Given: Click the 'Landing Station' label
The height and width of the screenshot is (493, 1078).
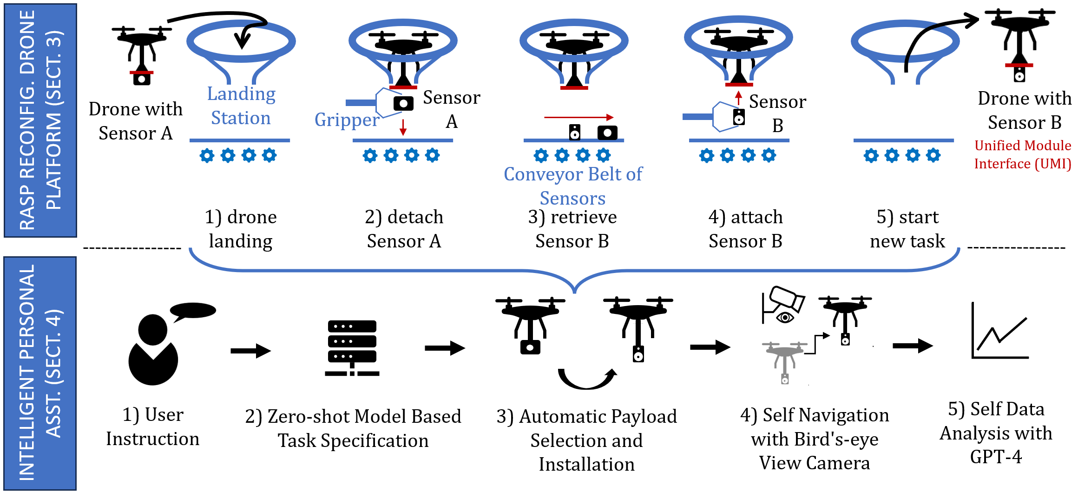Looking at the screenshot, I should click(x=241, y=106).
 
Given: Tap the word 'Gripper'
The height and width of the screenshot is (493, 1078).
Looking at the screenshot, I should click(x=347, y=120).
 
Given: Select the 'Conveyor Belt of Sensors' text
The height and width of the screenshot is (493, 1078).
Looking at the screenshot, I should click(x=572, y=186).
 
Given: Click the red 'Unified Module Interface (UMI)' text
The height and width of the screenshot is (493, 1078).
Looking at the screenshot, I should click(x=1022, y=155).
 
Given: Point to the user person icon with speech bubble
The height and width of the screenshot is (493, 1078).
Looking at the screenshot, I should click(x=156, y=346).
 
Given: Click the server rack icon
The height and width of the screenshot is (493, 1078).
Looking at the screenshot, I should click(x=352, y=347).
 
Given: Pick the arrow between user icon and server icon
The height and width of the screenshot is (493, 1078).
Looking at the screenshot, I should click(x=250, y=351).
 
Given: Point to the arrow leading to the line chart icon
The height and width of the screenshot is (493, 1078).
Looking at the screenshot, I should click(x=912, y=346).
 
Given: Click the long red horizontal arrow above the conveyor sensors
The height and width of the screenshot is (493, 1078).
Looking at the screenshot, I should click(x=578, y=118).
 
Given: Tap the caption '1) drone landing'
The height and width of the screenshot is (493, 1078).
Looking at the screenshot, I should click(x=241, y=229).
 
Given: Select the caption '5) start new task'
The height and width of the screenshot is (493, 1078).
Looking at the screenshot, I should click(x=907, y=229).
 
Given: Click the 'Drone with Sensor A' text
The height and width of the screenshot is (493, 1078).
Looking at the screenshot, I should click(x=135, y=121).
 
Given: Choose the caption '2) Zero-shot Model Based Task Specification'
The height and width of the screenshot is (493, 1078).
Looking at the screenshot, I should click(x=353, y=428).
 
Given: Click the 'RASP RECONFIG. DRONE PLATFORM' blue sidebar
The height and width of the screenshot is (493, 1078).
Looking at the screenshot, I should click(x=40, y=120).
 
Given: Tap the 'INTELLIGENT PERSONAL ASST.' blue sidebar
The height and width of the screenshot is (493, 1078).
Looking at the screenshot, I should click(x=40, y=373).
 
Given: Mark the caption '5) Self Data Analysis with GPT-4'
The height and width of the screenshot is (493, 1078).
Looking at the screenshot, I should click(x=996, y=433).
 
